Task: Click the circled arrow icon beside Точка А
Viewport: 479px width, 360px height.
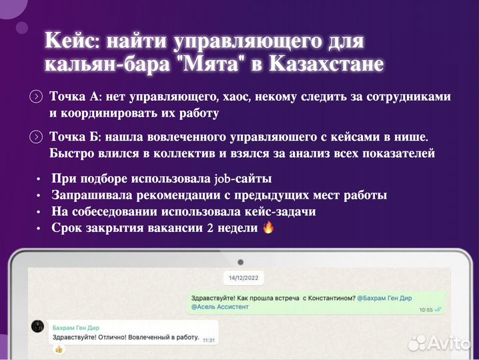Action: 36,97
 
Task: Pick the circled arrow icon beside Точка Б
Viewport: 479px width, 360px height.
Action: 36,138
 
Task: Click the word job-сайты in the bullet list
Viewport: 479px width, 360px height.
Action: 243,179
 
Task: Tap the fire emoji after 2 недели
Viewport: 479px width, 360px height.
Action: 268,227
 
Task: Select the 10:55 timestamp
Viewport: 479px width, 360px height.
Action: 426,310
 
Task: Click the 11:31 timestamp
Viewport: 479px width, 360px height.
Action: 209,340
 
